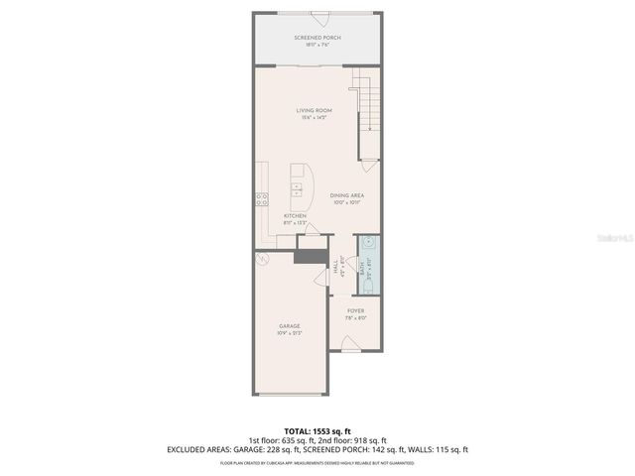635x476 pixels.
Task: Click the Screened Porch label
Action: coord(317,38)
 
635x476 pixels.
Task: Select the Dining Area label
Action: coord(347,195)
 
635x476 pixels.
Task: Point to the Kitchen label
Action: coord(295,216)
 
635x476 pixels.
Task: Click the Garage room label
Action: coord(290,326)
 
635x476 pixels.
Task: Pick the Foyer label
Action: coord(355,311)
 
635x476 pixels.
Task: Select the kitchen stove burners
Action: coord(262,197)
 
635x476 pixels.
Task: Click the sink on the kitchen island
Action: coord(297,185)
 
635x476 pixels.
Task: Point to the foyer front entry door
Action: coord(350,343)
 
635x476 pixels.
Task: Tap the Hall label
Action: coord(337,266)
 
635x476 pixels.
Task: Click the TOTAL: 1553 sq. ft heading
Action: coord(317,431)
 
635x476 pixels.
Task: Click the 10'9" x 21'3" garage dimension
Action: coord(290,333)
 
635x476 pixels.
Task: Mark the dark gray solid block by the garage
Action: coord(311,257)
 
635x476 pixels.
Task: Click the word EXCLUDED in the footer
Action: coord(188,449)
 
